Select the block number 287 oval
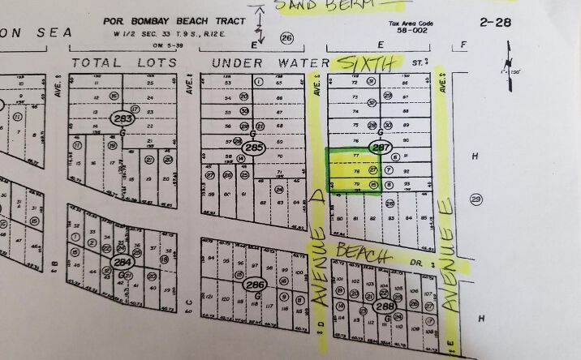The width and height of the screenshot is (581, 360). point(380,148)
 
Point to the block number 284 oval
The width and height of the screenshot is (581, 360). point(123,263)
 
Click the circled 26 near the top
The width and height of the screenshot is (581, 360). point(286,39)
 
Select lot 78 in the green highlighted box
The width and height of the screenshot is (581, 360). point(356,171)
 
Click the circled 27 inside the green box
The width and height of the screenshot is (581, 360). point(373,171)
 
